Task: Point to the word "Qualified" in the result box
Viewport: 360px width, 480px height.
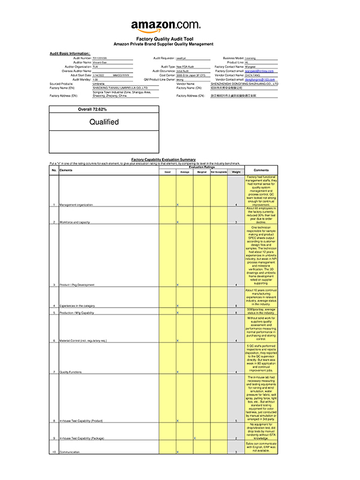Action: tap(104, 122)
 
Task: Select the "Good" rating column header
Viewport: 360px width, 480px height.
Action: tap(167, 172)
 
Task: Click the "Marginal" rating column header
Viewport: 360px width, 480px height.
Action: tap(202, 172)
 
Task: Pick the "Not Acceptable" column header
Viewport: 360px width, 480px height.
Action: tap(219, 172)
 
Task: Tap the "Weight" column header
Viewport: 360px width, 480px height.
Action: tap(236, 172)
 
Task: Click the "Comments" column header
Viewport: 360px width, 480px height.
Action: tap(261, 170)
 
